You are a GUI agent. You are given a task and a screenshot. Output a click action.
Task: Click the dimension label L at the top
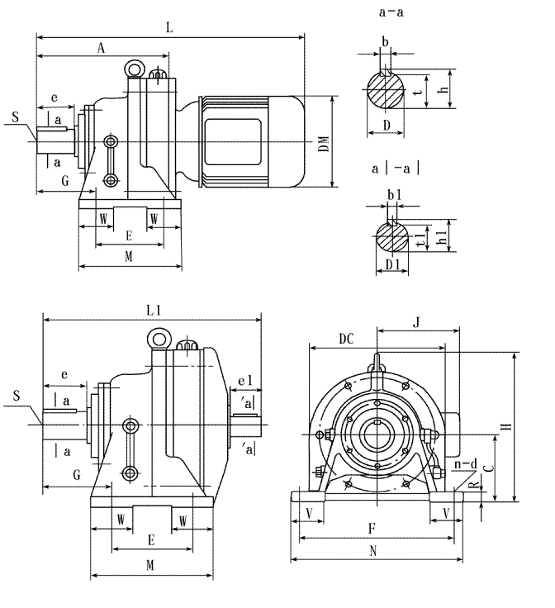(x=170, y=27)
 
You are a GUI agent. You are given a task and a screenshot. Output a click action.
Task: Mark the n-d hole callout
(x=467, y=466)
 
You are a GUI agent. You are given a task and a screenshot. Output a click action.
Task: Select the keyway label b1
(x=395, y=195)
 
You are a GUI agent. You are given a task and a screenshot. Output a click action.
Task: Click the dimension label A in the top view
(x=101, y=48)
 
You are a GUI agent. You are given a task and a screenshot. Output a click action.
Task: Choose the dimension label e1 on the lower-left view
(x=244, y=382)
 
